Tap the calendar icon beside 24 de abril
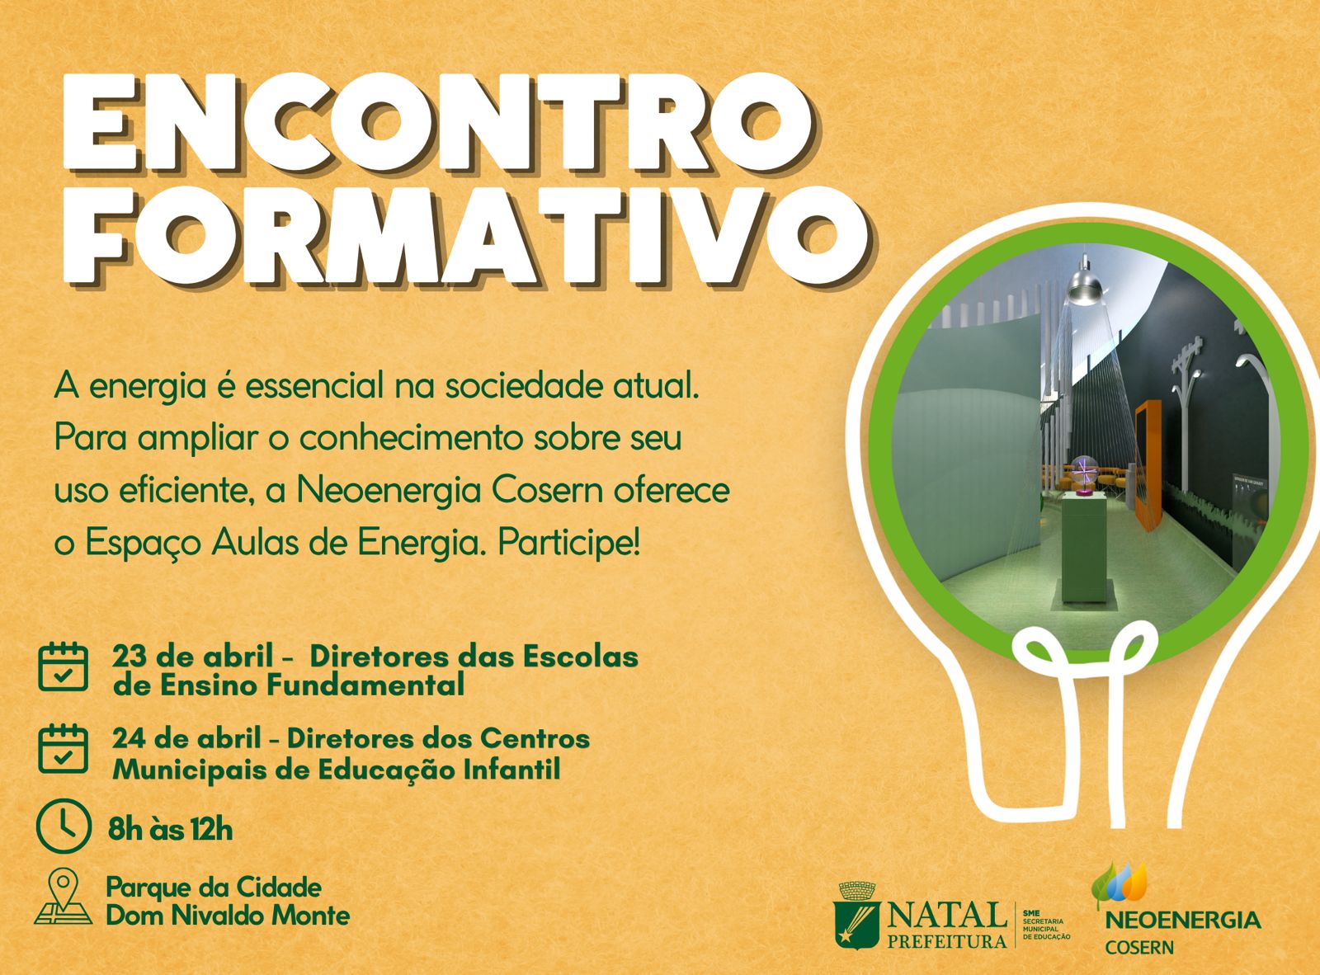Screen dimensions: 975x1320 coord(63,748)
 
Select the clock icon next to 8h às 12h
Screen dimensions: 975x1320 coord(64,824)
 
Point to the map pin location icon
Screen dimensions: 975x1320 coord(64,897)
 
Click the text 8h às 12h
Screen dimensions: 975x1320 coord(170,829)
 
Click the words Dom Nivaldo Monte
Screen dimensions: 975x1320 coord(228,916)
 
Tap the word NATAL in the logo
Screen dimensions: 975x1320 coord(947,914)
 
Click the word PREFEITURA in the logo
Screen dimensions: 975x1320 coord(947,940)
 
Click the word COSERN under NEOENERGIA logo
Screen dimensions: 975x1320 coord(1139,948)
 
